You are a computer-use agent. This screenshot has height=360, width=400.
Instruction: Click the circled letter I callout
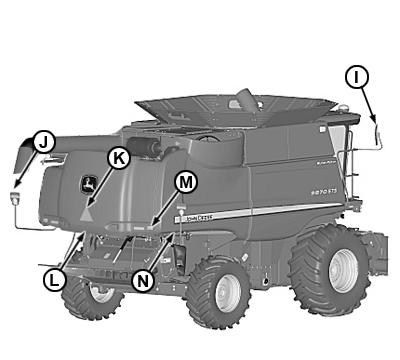(x=357, y=76)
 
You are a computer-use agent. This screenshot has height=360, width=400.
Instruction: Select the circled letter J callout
(x=42, y=142)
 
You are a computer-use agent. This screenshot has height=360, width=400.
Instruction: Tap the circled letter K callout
(x=118, y=157)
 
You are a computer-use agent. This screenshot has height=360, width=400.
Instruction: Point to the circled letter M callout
(x=186, y=182)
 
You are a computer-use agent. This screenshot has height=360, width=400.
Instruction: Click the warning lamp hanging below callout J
(x=16, y=195)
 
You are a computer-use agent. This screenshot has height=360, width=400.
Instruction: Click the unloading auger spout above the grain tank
(x=244, y=98)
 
